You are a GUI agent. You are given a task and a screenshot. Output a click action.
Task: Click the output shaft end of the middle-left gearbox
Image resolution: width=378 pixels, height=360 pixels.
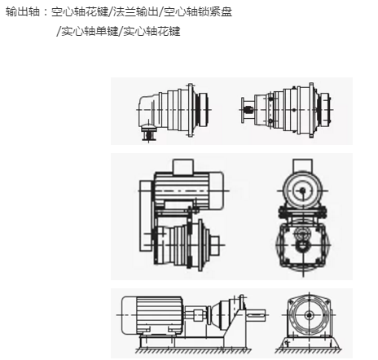tap(214, 241)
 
